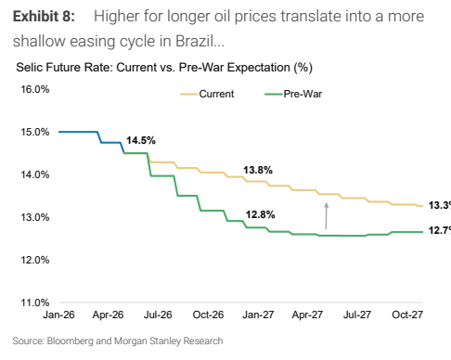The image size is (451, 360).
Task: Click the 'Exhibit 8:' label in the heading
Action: click(44, 16)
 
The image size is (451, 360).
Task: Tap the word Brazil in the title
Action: click(195, 41)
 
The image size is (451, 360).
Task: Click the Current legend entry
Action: click(207, 94)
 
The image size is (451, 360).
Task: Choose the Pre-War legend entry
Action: click(293, 94)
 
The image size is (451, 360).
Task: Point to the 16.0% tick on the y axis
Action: click(35, 89)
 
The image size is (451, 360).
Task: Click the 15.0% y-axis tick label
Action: click(35, 132)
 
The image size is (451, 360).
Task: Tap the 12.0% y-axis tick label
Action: click(35, 260)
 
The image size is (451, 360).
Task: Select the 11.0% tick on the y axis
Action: click(35, 302)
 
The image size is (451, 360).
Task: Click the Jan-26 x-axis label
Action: click(58, 315)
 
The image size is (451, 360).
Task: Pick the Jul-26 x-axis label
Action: click(158, 315)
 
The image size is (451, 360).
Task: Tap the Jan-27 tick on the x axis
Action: click(258, 315)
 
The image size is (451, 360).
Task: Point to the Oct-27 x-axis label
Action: click(407, 315)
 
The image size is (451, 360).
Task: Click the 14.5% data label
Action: click(141, 140)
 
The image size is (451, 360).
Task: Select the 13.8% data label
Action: click(258, 170)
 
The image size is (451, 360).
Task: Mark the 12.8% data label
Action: click(260, 214)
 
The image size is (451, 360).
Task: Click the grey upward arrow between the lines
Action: click(326, 216)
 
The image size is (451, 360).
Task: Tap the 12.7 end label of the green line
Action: click(440, 230)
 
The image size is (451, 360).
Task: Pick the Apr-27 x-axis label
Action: click(307, 315)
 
